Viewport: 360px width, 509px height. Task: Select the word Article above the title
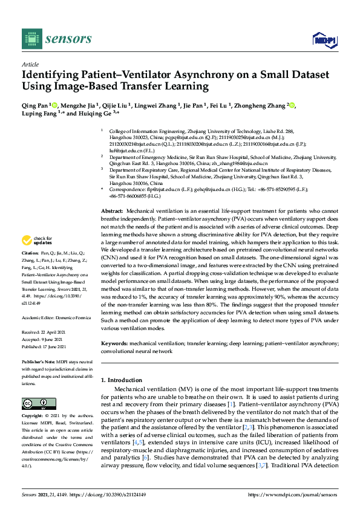click(x=30, y=64)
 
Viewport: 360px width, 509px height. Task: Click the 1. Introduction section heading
click(x=125, y=380)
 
